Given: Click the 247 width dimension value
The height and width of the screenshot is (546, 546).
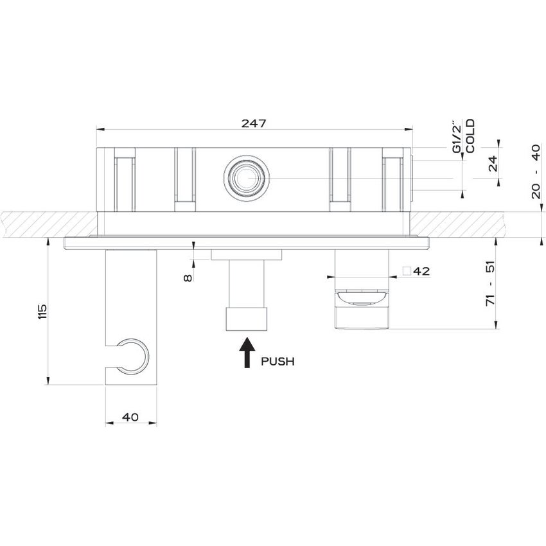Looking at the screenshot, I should click(x=254, y=123).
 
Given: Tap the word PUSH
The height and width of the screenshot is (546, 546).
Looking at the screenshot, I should click(x=277, y=362).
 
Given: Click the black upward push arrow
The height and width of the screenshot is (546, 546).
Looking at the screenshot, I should click(x=245, y=353).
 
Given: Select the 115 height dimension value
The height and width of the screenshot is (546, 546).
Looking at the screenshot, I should click(x=43, y=311).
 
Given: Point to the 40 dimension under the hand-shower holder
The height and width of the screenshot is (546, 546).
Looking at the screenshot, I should click(x=130, y=417).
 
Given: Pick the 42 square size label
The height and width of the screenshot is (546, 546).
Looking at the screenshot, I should click(x=421, y=271).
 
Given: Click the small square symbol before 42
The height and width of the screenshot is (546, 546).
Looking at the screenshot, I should click(x=407, y=271).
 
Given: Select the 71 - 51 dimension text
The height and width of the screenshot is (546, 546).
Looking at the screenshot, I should click(x=491, y=283).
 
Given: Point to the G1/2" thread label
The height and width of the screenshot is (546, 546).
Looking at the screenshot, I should click(x=456, y=136).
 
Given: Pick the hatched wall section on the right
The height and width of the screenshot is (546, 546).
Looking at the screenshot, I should click(x=475, y=224).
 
